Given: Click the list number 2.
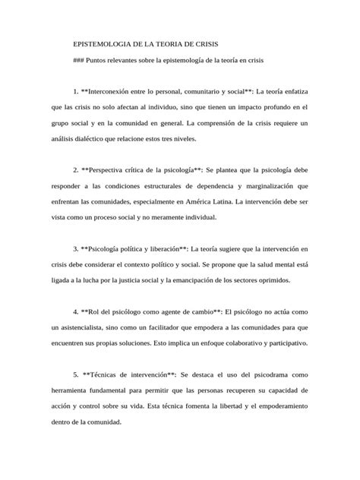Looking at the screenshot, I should tap(75, 170).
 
